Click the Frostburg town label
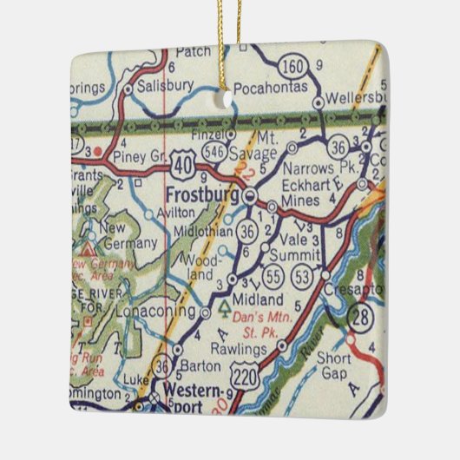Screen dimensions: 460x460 [203, 194]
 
